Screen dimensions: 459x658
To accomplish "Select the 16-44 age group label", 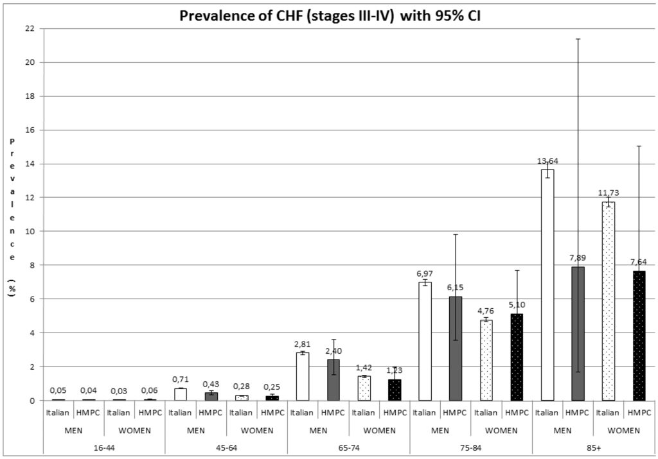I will (104, 447).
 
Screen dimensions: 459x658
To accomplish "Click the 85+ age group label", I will (592, 447).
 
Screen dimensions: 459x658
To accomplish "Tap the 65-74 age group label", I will (348, 447).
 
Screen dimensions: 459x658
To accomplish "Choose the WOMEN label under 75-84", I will (501, 430).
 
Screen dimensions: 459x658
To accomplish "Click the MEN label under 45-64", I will (196, 430).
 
